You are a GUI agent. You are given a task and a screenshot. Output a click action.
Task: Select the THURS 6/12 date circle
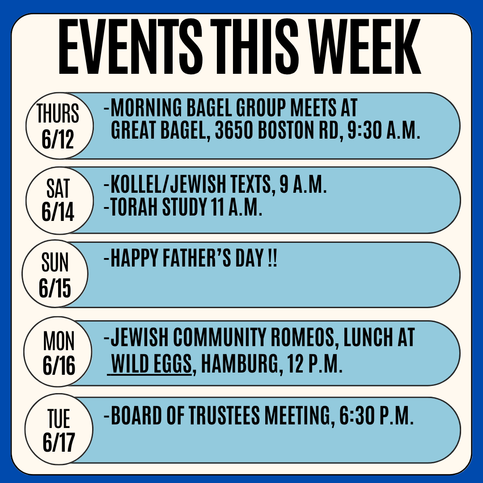click(x=59, y=126)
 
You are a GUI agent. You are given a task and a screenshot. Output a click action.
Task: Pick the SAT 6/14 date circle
click(x=59, y=200)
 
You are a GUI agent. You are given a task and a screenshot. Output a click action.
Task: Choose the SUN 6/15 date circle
click(x=55, y=274)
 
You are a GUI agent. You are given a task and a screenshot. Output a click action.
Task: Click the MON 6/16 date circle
click(x=58, y=352)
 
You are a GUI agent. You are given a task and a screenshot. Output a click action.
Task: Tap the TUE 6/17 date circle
click(x=59, y=429)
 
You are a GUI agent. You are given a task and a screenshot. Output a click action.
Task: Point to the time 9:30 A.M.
click(x=384, y=130)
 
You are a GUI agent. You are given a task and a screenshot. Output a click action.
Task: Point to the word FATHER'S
click(x=196, y=258)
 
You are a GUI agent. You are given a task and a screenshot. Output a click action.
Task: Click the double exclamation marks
click(x=273, y=258)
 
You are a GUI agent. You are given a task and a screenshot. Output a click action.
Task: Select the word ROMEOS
click(x=302, y=337)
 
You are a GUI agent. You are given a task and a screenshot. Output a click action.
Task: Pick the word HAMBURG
click(x=240, y=364)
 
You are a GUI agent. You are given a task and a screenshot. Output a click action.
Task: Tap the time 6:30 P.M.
click(x=376, y=415)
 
